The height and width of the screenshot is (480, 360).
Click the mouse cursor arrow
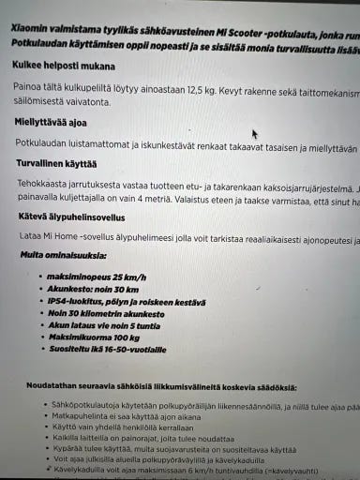click(254, 134)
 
